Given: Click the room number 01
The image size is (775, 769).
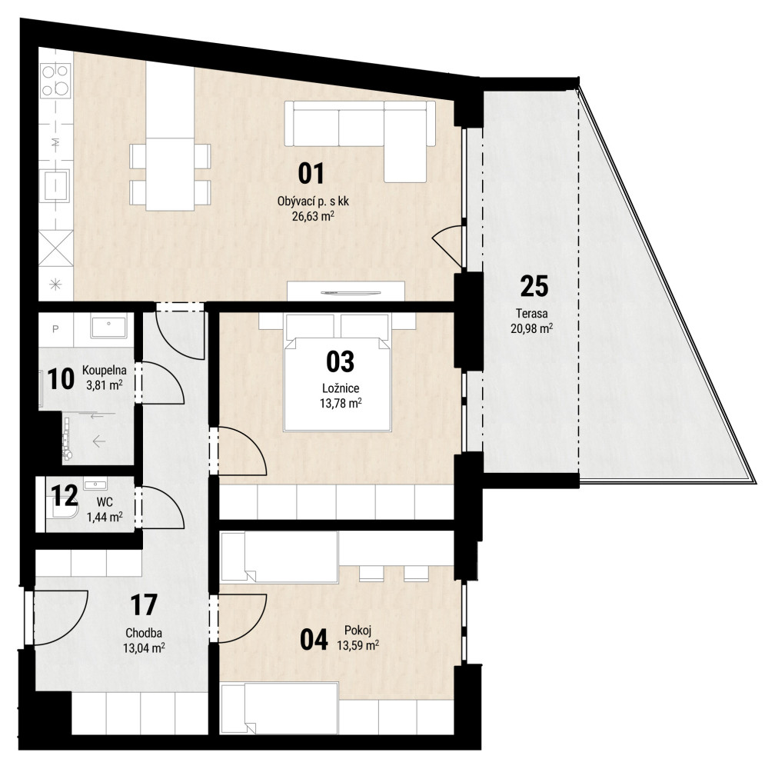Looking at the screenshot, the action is click(311, 174).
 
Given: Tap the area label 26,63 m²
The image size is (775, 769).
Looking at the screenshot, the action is click(313, 215).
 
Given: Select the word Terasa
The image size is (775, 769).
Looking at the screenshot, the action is click(531, 313).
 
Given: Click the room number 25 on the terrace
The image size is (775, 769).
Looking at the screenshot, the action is click(534, 286).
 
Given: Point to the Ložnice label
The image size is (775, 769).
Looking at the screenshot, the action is click(340, 388).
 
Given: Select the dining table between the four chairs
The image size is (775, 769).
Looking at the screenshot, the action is click(170, 174).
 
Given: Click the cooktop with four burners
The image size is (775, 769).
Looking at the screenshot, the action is click(55, 81).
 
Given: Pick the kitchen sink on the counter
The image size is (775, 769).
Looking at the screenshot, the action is click(55, 185).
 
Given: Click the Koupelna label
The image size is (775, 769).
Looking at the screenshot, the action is click(105, 370).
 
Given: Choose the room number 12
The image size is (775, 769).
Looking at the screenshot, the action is click(65, 495).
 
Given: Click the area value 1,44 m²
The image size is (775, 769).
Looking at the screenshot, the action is click(105, 518).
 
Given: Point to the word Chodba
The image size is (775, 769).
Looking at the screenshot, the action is click(143, 633).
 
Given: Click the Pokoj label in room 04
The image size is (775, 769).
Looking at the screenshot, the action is click(358, 631).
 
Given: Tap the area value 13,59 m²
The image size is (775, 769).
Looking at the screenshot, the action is click(358, 645).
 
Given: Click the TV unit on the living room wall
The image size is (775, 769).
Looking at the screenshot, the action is click(346, 291).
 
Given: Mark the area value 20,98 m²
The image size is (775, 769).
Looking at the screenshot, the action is click(531, 328).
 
